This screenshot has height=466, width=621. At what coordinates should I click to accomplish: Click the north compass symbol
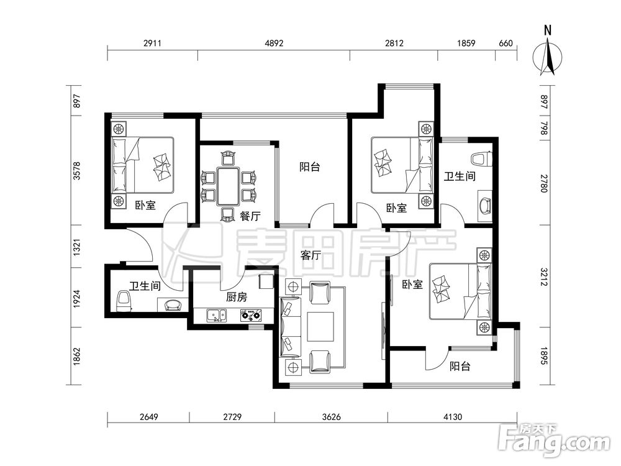548,52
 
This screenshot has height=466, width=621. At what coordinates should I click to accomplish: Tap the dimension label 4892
274,43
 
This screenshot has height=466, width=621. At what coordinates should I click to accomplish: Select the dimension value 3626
332,417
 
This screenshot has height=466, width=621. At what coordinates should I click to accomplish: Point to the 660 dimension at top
505,43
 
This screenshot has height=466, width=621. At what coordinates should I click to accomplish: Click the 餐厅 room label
250,216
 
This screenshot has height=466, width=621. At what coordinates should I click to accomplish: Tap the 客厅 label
310,255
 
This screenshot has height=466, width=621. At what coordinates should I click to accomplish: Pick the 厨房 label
237,297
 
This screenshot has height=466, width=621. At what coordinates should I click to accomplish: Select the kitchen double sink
216,316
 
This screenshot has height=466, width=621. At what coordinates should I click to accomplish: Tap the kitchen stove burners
250,316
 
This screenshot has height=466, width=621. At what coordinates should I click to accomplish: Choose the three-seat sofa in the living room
291,327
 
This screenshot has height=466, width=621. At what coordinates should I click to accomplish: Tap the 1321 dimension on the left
77,247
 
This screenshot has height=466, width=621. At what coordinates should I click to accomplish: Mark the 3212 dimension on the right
544,276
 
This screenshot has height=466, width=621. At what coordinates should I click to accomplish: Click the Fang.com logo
554,441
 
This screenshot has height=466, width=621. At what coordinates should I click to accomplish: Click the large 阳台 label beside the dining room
310,167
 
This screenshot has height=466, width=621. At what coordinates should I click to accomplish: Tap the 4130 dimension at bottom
453,417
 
